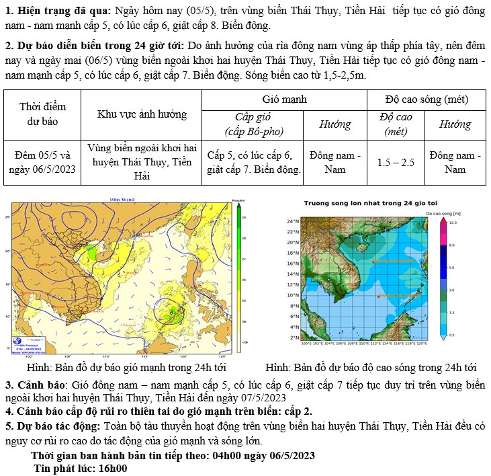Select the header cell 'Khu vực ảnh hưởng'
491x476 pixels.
[x=142, y=114]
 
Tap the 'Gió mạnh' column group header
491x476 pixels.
[x=285, y=99]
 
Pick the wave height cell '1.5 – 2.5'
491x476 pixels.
[x=396, y=162]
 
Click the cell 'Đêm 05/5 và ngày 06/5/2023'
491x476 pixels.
[x=42, y=162]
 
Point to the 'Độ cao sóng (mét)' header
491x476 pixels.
[x=426, y=99]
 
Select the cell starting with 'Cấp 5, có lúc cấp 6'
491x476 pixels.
[x=253, y=162]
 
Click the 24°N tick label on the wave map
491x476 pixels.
[x=292, y=221]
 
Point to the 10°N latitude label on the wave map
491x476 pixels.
[x=292, y=295]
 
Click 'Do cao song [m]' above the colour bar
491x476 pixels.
[x=443, y=212]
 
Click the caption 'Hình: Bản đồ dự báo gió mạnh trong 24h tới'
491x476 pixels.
[x=126, y=368]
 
